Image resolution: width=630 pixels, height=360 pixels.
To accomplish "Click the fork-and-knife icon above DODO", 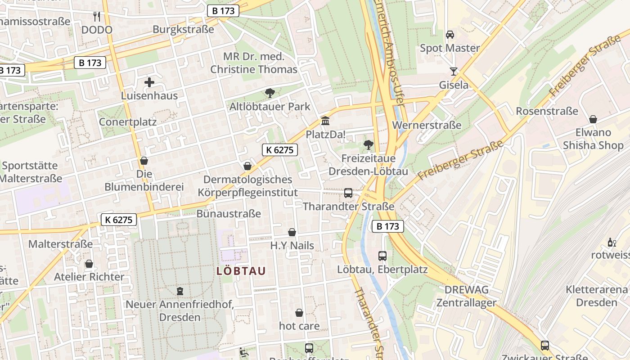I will pos(96,17).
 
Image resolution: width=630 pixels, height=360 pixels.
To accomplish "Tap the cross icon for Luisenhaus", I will pos(149,82).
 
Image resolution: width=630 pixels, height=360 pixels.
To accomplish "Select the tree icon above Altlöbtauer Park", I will pos(270,93).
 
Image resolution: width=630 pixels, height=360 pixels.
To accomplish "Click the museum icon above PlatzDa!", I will pos(325,121).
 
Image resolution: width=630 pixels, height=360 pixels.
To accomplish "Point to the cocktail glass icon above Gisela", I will pos(453,72).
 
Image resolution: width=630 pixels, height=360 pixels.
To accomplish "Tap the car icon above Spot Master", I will pos(450,35).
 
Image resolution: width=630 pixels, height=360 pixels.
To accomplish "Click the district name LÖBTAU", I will pos(241,271).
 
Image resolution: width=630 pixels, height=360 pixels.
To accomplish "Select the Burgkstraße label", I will pos(183,29).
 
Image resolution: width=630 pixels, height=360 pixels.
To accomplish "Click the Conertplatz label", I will pos(128,121).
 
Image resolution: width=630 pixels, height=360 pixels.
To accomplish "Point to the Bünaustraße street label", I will pos(229,213).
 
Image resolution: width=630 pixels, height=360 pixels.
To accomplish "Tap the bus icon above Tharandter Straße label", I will pos(348,193).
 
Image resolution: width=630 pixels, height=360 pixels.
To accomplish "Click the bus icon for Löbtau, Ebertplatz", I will pos(382,256).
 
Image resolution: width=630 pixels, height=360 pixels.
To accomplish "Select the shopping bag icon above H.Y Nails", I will pos(292,233).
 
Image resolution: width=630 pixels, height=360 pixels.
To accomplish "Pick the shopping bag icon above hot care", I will pos(299,313).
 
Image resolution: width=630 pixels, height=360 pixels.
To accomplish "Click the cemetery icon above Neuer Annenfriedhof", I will pos(180,291).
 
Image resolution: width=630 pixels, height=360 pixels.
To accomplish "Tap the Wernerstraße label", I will pos(427,125).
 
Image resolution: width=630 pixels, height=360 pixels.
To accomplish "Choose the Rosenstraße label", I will pos(547,111).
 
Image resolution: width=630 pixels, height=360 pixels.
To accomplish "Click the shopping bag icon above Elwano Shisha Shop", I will pos(593,119).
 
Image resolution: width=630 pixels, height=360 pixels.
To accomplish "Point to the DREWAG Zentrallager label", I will pos(466,296).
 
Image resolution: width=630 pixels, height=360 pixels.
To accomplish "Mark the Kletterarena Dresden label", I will pos(597,296).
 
